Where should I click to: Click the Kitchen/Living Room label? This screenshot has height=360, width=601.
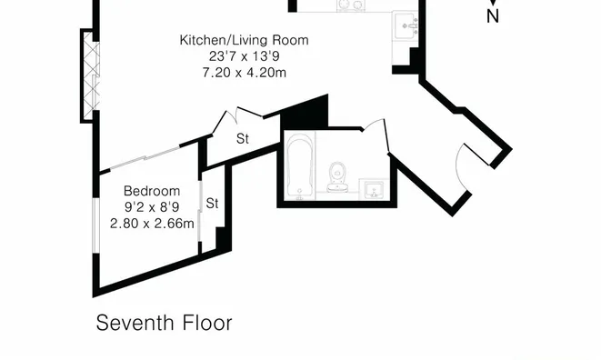click(245, 40)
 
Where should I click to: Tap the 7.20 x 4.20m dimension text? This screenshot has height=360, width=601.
click(245, 73)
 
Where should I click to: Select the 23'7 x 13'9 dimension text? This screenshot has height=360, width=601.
click(245, 56)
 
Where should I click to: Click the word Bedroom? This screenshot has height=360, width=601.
click(152, 191)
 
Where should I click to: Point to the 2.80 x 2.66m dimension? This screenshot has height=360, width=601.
click(152, 224)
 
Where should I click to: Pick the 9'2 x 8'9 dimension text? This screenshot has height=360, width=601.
click(152, 207)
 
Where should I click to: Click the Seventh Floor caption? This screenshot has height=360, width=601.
click(164, 323)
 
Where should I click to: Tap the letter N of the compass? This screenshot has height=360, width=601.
click(493, 16)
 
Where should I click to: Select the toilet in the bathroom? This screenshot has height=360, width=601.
click(337, 177)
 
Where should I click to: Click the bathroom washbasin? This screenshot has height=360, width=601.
click(374, 189)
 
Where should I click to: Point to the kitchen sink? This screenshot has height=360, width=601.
click(406, 25)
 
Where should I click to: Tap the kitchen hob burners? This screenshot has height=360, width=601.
click(351, 5)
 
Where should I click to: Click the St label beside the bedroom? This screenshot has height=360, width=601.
click(212, 204)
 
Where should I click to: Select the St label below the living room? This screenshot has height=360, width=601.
click(243, 139)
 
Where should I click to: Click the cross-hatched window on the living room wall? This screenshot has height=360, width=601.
click(91, 76)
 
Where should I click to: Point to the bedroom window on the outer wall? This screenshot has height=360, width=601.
click(95, 225)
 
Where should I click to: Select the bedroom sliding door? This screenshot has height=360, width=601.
click(145, 157)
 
